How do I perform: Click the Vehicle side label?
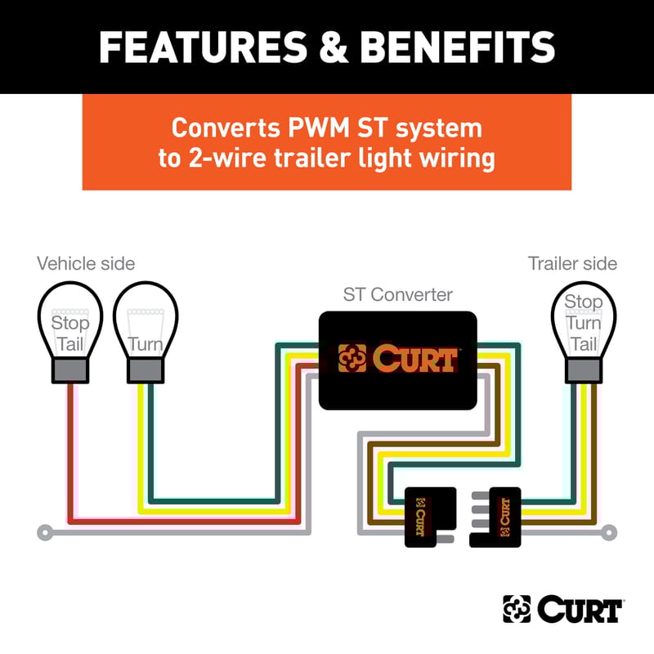coord(86,263)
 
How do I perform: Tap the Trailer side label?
coord(572,263)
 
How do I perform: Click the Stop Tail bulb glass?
coord(70,323)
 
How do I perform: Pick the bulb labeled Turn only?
coord(145,323)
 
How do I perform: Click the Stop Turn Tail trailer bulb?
coord(583,323)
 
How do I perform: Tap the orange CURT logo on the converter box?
coord(397,358)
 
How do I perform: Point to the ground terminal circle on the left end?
coord(44,533)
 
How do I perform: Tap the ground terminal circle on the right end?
coord(609,533)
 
